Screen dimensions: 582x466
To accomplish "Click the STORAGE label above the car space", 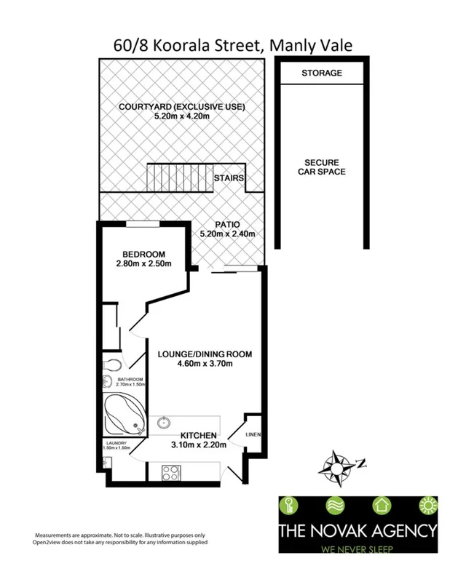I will point(321,73).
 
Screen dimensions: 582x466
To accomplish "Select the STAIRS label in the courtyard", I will point(229,178).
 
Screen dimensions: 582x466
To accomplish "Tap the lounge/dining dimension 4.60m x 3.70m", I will point(205,365).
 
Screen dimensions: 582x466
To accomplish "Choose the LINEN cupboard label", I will point(253,436).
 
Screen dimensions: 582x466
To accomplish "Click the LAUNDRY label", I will point(116,443).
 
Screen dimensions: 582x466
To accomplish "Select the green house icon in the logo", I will point(380,506).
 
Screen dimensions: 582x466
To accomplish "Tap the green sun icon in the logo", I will point(424,506).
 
